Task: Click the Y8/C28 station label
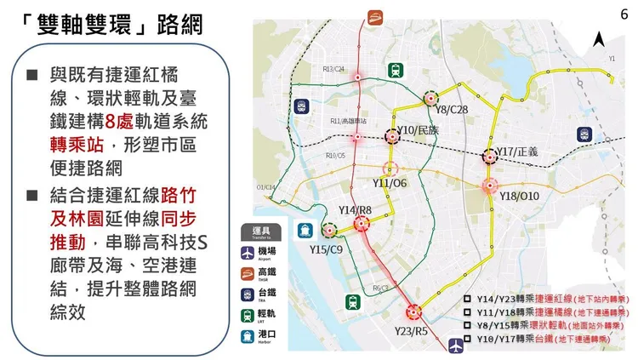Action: [451, 110]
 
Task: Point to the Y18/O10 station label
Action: [520, 197]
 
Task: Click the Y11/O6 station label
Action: [390, 183]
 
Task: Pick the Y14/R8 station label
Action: [356, 209]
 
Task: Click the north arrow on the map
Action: [598, 39]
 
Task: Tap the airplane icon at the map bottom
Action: [457, 344]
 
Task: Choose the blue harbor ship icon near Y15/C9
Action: [304, 229]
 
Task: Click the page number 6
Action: [625, 15]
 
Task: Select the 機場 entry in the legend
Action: [271, 252]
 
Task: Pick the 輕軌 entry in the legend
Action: [271, 316]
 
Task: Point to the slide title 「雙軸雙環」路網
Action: [111, 23]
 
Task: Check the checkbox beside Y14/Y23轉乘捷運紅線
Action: [467, 299]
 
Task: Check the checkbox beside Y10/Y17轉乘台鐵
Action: [467, 338]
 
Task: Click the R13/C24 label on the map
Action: [333, 69]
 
